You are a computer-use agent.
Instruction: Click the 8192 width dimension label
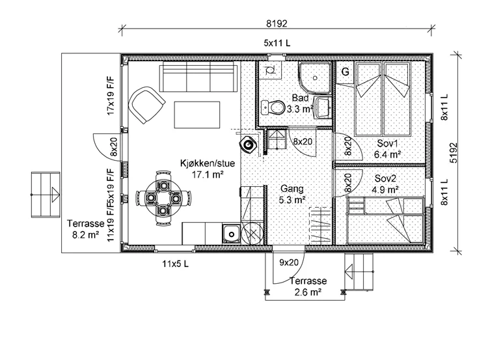[x=277, y=23]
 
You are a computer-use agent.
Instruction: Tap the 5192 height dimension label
[x=454, y=152]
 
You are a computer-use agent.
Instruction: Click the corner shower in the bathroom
[x=315, y=77]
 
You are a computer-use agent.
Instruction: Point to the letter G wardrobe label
[x=345, y=72]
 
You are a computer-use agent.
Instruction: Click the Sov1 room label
[x=387, y=144]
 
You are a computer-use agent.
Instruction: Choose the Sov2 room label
[x=385, y=178]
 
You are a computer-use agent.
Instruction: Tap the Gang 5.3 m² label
[x=291, y=194]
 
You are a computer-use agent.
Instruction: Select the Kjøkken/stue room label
[x=208, y=163]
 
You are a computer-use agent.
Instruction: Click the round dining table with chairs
[x=163, y=198]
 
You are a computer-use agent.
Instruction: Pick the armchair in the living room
[x=146, y=105]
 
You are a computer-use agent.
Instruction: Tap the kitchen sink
[x=231, y=234]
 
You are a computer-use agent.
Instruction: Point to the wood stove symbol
[x=248, y=145]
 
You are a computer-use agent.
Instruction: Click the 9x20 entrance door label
[x=288, y=262]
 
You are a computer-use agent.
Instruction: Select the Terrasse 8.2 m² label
[x=86, y=229]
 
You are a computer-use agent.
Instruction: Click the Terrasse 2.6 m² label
[x=308, y=286]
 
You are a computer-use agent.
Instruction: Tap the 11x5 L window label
[x=175, y=264]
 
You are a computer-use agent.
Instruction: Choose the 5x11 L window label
[x=277, y=43]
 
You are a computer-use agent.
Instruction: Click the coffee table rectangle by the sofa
[x=197, y=115]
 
